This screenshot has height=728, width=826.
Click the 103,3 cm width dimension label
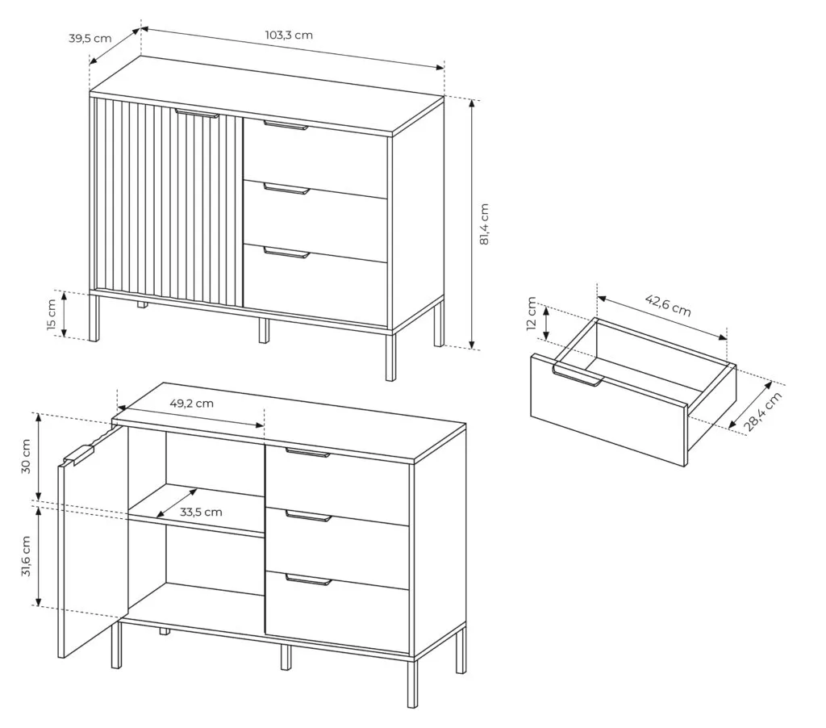[289, 36]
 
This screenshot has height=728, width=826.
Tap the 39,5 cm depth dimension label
[90, 39]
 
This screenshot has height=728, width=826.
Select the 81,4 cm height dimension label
[485, 224]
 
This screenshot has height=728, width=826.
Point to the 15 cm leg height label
[52, 315]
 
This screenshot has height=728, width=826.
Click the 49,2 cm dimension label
[192, 404]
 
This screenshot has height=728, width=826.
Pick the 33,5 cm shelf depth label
[201, 512]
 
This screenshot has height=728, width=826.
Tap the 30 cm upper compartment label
[26, 457]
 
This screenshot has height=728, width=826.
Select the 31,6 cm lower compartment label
[27, 556]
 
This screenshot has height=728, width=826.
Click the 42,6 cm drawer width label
[668, 305]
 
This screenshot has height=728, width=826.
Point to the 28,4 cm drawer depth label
[763, 412]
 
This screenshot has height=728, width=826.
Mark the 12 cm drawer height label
[532, 313]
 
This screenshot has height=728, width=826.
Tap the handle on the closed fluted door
[197, 113]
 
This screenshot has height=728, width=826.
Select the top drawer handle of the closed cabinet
[286, 125]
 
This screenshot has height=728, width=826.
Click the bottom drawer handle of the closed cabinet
[286, 253]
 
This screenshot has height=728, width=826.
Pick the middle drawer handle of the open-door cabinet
[309, 516]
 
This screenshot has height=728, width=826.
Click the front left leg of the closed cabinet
[94, 318]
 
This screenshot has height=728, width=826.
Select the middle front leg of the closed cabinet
[264, 331]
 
